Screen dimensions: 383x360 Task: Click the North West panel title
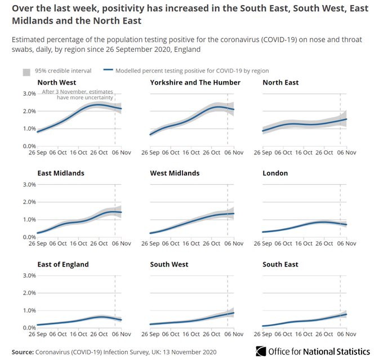tap(57, 83)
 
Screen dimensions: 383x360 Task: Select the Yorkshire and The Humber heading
tap(195, 83)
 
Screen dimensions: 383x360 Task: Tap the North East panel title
tap(280, 83)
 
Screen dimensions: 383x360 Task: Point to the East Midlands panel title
tap(61, 174)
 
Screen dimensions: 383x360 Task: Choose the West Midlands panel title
tap(175, 174)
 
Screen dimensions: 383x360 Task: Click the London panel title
tap(275, 174)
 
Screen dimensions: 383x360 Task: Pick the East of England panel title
tap(63, 264)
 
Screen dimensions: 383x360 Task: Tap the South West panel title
tap(169, 264)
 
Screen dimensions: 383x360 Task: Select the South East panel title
tap(280, 264)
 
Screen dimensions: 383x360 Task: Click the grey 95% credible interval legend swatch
tap(26, 72)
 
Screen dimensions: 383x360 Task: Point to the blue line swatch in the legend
tap(108, 70)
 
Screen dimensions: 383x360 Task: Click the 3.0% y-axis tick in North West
tap(29, 94)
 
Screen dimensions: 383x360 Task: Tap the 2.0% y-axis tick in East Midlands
tap(29, 202)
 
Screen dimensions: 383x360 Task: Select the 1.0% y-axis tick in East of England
tap(29, 310)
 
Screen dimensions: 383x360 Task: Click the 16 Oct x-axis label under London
tap(304, 243)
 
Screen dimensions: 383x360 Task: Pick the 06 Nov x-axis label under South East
tap(346, 334)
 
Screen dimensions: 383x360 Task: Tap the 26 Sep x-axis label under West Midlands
tap(150, 243)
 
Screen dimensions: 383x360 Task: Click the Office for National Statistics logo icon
tap(261, 351)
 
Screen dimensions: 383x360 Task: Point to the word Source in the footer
tap(23, 352)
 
